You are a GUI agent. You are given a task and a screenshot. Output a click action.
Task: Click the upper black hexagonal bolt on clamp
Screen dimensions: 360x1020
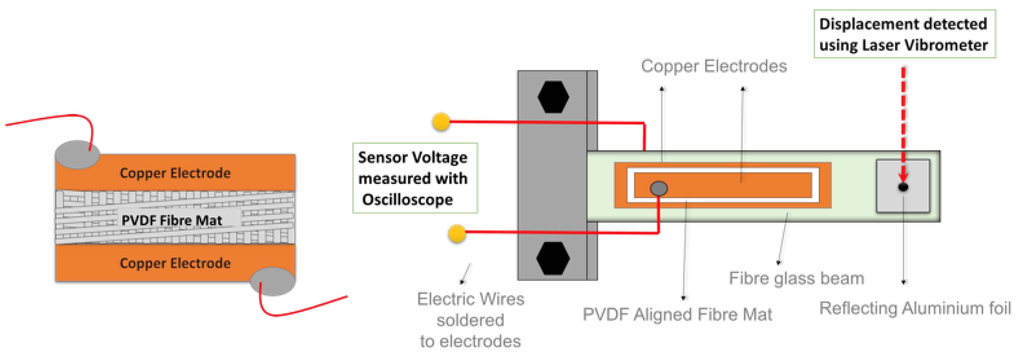pos(553,97)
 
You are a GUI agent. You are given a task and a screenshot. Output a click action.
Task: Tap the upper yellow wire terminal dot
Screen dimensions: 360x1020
pos(441,122)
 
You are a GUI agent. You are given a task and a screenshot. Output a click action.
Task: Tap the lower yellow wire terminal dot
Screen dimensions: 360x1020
pos(457,233)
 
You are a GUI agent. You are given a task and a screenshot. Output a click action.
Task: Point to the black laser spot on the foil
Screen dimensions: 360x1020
pos(903,187)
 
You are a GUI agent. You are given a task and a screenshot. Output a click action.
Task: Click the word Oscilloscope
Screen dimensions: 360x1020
pos(407,199)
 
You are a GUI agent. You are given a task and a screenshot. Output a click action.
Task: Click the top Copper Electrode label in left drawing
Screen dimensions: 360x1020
pos(175,173)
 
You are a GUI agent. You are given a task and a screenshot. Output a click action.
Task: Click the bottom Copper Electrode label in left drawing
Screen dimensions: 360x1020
pos(175,263)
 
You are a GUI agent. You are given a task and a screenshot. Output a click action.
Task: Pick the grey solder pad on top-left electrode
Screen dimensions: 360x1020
pos(77,155)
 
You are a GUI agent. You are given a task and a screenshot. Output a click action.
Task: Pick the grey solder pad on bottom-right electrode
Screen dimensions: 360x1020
pos(273,281)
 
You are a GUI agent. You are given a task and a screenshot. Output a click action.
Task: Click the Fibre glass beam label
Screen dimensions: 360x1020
pos(796,278)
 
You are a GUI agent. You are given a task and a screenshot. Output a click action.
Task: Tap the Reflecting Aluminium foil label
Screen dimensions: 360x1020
pos(915,308)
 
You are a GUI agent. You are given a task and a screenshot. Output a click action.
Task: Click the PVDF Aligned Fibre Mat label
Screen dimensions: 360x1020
pos(677,314)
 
